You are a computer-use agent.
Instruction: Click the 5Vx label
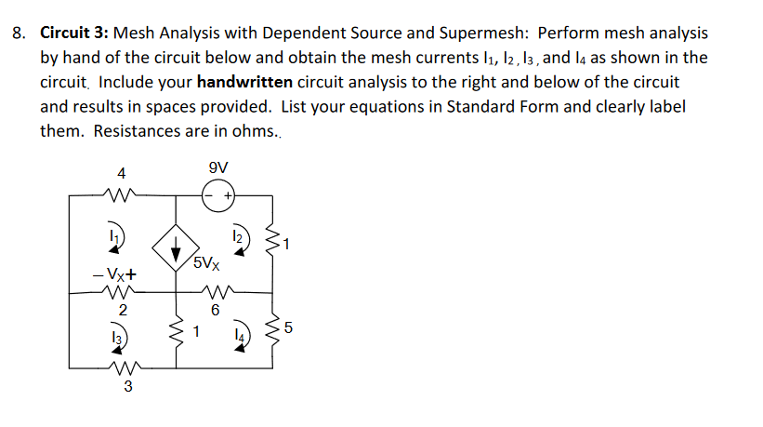pos(209,263)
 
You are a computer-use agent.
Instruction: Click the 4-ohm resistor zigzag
pos(121,195)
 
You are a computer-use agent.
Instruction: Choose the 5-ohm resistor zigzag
pos(273,328)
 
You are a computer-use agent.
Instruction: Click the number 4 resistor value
pos(121,172)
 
